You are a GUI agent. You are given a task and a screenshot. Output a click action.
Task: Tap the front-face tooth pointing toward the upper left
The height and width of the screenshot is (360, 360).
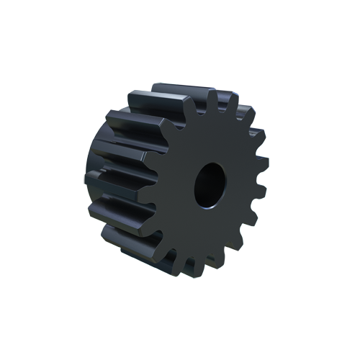click(x=163, y=127)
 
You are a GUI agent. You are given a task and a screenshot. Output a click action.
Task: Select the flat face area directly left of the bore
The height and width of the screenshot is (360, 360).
click(x=176, y=186)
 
